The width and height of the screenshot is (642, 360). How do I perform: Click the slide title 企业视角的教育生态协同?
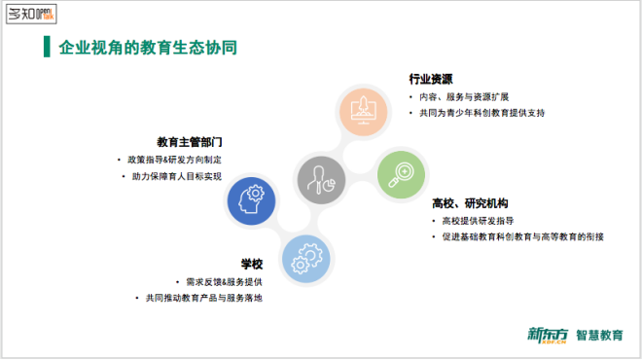(148, 48)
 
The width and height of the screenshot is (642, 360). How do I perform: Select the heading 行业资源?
(431, 79)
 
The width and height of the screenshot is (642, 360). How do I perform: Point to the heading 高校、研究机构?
(470, 203)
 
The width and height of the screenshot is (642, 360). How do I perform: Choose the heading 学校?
(252, 264)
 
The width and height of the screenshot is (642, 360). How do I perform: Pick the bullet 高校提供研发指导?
(479, 220)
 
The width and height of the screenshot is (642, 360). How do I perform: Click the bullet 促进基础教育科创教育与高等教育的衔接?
(521, 236)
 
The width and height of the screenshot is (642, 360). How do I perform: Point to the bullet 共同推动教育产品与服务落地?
(202, 298)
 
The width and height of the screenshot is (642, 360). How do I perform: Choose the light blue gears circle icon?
(308, 259)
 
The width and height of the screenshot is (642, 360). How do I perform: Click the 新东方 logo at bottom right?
(549, 336)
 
